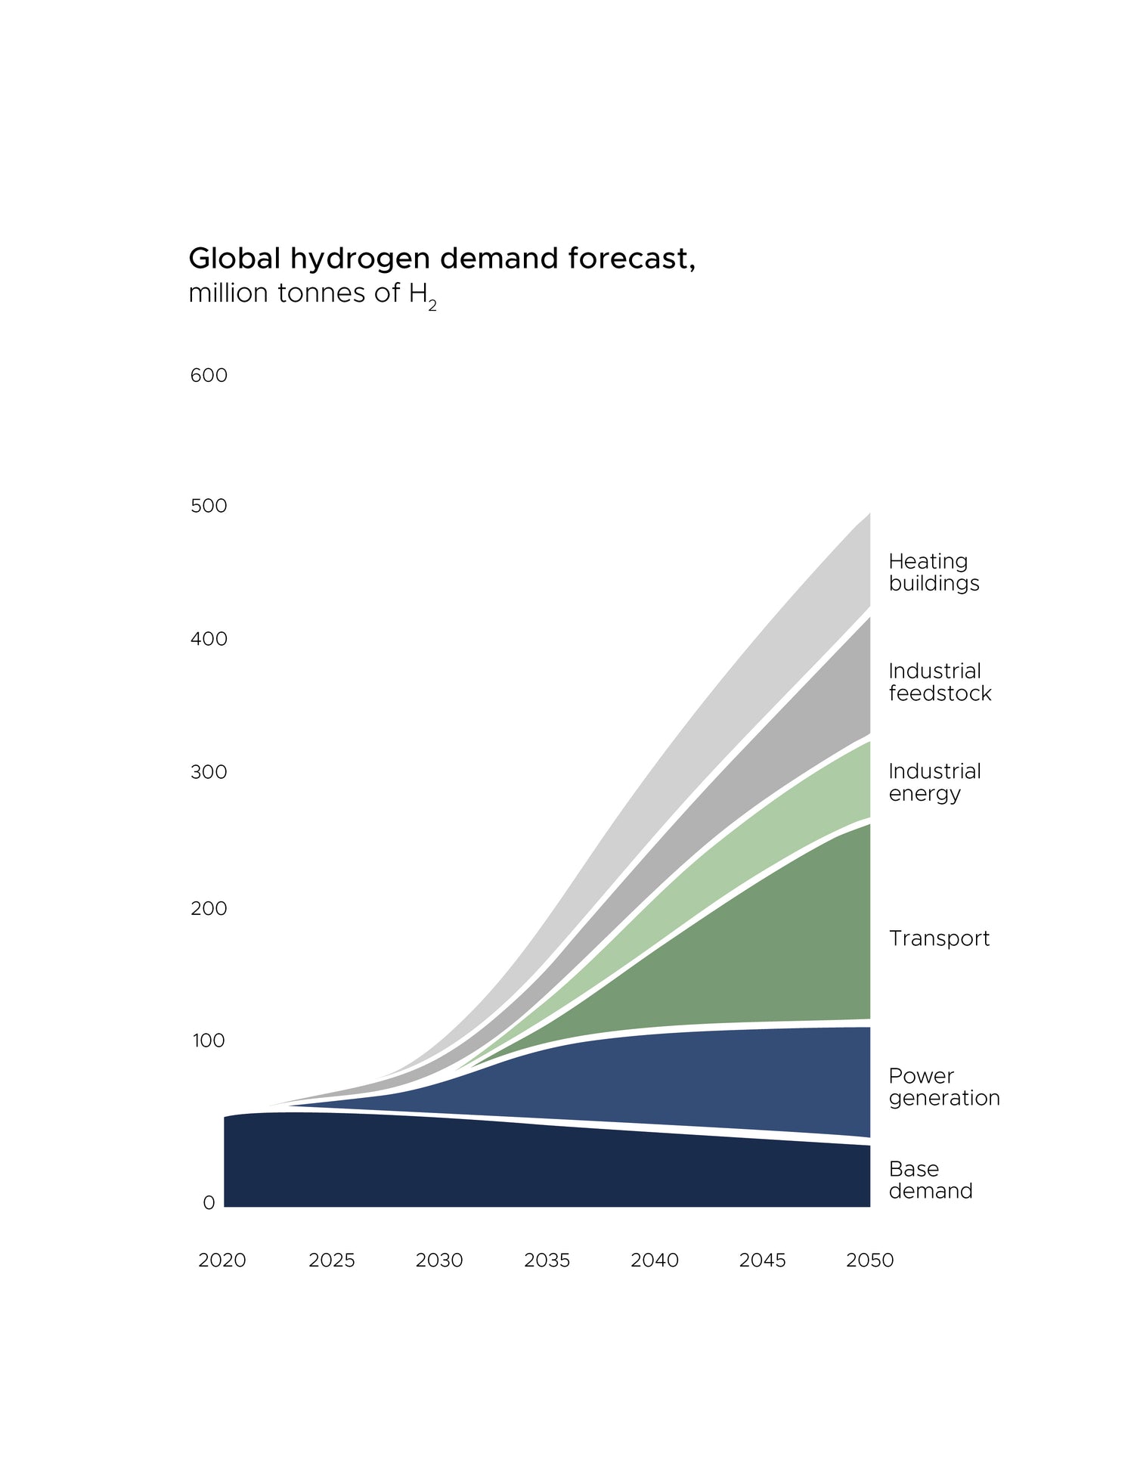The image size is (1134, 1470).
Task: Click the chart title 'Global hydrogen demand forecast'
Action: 442,259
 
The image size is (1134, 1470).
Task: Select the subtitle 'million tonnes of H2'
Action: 312,293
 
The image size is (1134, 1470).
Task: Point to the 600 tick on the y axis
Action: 209,375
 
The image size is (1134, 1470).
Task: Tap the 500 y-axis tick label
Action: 209,506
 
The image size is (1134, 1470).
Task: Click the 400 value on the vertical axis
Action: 209,639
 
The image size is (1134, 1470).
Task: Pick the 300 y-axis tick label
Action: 209,772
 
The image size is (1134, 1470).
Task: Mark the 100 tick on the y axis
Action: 209,1040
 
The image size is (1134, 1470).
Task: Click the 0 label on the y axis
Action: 209,1202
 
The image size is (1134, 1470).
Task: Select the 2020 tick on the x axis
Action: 222,1261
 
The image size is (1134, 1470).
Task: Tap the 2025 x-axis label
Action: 331,1261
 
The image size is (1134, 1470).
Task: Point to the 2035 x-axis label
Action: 547,1261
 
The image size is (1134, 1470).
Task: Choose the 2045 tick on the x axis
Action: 762,1261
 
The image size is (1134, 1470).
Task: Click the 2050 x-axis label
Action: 869,1261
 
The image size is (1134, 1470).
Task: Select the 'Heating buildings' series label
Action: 934,572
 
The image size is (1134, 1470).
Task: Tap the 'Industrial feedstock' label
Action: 940,682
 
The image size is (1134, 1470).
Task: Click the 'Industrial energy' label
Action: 934,782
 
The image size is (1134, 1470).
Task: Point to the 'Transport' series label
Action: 939,938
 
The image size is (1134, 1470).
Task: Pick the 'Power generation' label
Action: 943,1087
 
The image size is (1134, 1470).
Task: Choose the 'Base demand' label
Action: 930,1180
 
